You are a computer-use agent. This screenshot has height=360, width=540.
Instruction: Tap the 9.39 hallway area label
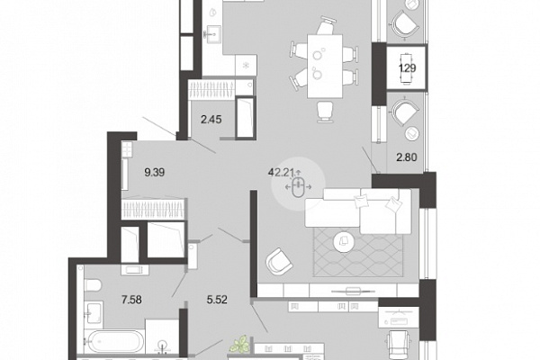[155, 172]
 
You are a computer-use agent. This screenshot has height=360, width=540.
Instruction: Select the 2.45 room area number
[211, 120]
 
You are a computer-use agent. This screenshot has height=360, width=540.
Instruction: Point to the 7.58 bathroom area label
[131, 300]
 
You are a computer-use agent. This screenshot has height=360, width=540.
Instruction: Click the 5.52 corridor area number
[217, 300]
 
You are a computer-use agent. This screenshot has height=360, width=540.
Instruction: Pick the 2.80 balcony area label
[407, 157]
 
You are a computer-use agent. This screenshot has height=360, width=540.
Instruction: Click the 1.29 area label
[408, 68]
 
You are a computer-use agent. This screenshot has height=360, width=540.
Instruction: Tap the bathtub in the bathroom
[113, 341]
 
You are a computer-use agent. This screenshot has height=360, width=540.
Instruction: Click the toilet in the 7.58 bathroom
[93, 285]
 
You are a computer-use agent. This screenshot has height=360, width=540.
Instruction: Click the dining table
[325, 66]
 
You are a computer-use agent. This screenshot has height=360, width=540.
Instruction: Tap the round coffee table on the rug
[344, 241]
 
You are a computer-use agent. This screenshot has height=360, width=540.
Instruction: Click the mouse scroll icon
[298, 187]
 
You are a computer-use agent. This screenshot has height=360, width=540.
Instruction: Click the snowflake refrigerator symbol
[246, 65]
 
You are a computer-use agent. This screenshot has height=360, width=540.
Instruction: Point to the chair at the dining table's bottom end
[325, 112]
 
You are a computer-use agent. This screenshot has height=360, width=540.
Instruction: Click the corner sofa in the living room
[358, 211]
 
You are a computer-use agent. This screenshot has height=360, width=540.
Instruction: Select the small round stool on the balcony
[412, 133]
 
